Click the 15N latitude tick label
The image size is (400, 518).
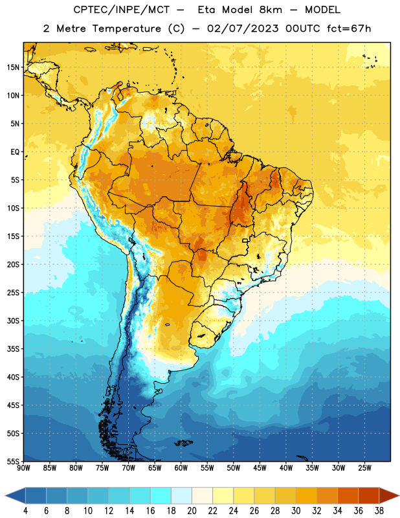[13, 67]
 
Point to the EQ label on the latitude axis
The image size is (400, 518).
[15, 152]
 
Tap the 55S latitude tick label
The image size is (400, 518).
[13, 462]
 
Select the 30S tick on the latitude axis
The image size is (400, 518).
[13, 321]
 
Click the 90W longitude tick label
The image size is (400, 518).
[23, 468]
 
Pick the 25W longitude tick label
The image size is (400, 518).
[364, 468]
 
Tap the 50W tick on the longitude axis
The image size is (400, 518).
[234, 468]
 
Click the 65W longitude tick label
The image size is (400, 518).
[155, 468]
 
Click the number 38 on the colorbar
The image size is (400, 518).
[379, 511]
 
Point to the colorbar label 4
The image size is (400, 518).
[25, 511]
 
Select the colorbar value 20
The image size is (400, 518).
[192, 511]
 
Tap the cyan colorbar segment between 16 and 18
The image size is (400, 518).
[161, 495]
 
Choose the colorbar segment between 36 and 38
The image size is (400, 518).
[369, 495]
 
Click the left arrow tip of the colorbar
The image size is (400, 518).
[5, 495]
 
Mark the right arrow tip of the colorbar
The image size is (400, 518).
[399, 495]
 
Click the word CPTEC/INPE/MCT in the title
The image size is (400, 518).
[122, 10]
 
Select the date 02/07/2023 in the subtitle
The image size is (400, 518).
[243, 28]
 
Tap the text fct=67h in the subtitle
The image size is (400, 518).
[349, 28]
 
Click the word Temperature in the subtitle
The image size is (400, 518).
[126, 28]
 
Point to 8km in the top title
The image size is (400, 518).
[271, 10]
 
